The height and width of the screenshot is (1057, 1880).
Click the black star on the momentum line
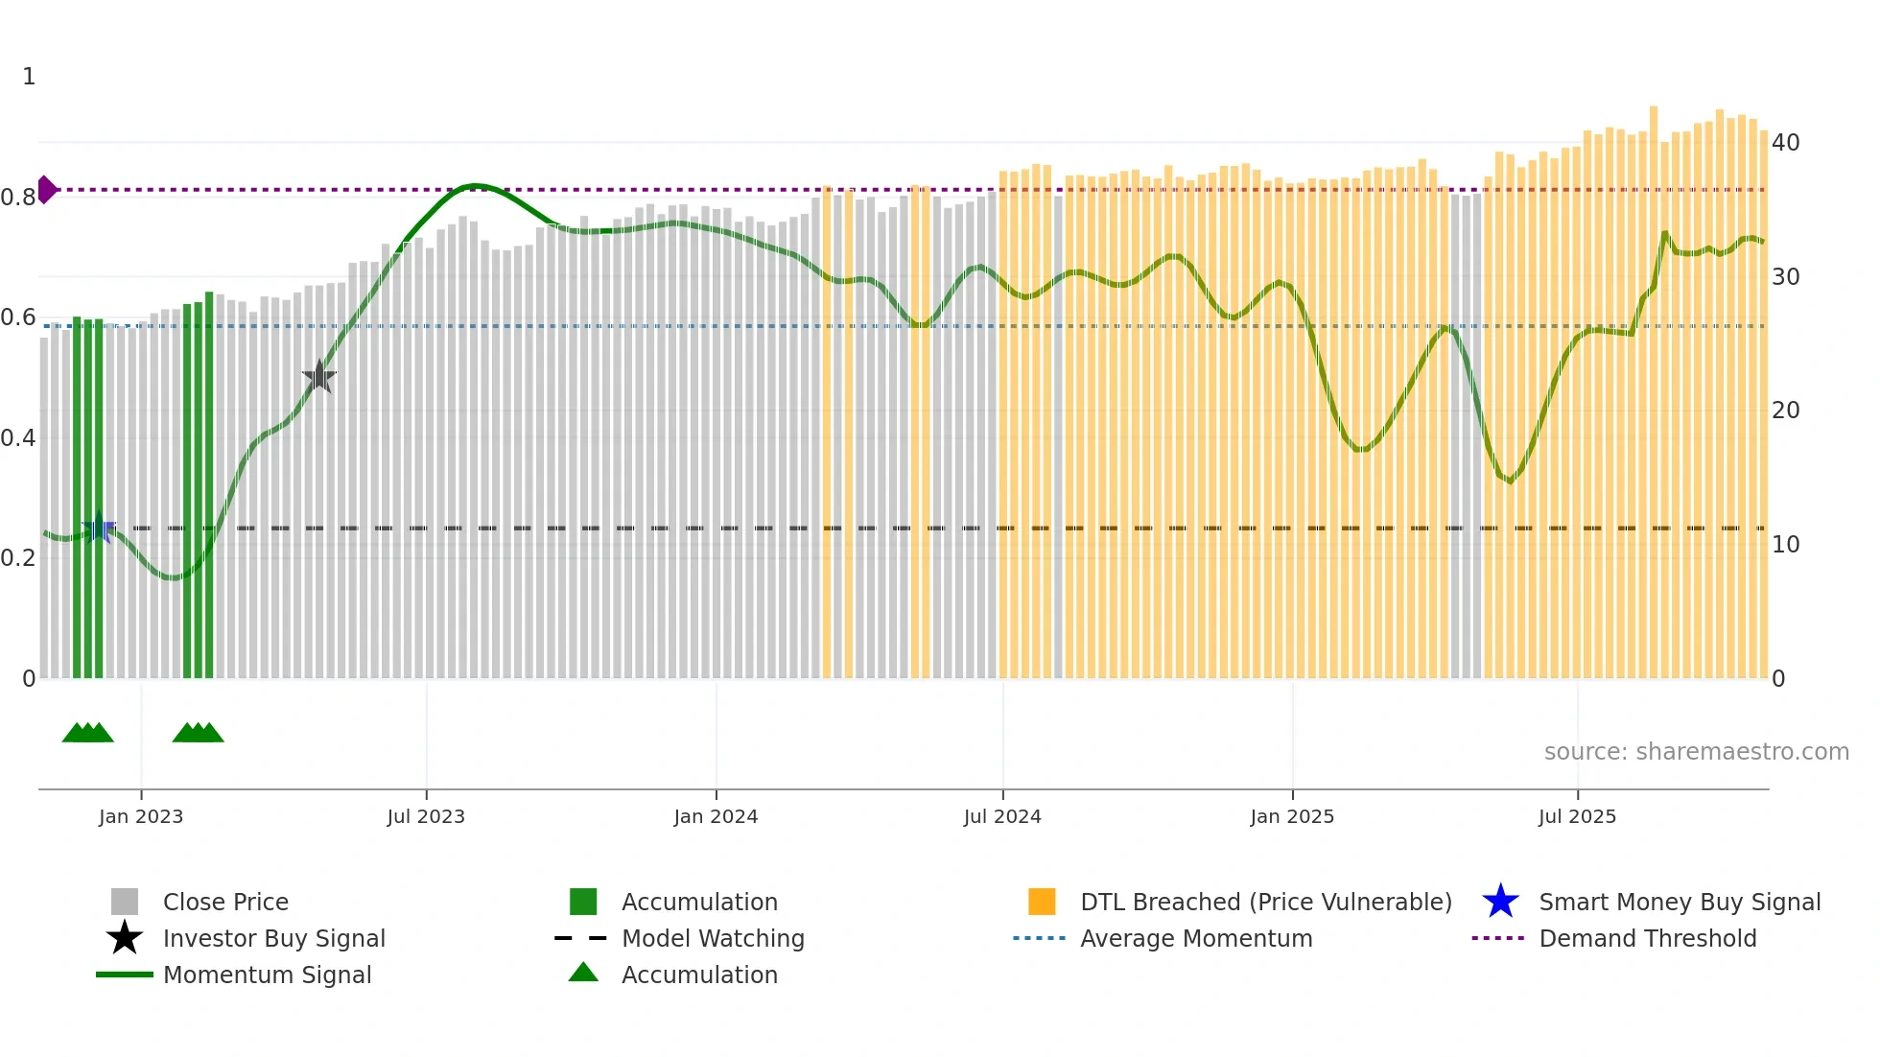click(318, 377)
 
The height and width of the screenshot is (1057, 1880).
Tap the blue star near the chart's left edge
click(99, 528)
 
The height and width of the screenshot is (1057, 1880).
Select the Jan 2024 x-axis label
click(716, 816)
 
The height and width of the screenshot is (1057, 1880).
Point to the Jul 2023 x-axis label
click(426, 816)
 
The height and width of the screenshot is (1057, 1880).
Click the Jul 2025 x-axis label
click(1577, 816)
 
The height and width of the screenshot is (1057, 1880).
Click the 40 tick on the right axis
click(1785, 143)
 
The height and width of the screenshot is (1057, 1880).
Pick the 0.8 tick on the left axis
click(18, 198)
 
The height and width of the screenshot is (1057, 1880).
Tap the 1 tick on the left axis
click(29, 77)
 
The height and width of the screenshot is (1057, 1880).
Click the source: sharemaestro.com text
click(1696, 752)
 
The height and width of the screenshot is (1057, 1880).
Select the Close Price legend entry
click(225, 902)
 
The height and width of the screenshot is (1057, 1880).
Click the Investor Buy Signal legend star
click(125, 938)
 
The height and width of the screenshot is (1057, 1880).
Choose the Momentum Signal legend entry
click(267, 975)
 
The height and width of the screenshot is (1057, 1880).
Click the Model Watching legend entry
click(713, 938)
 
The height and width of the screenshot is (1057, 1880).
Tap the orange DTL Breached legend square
click(1042, 902)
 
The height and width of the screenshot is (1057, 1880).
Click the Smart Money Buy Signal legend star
click(1500, 902)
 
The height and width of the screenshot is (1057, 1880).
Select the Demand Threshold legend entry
click(1647, 938)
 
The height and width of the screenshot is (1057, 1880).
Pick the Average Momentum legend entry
click(1195, 938)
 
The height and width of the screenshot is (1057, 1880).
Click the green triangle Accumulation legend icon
click(583, 973)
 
